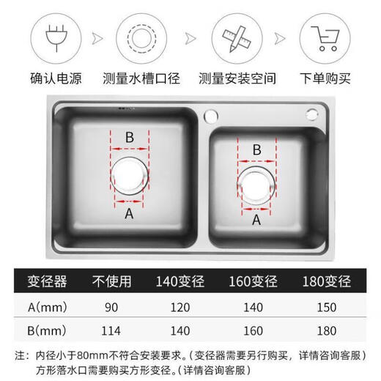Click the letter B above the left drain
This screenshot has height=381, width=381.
pyautogui.click(x=130, y=137)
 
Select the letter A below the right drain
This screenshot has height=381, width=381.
pyautogui.click(x=256, y=219)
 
